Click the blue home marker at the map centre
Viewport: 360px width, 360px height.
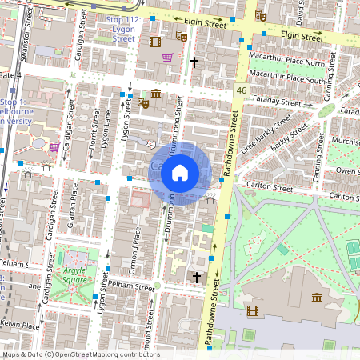[180, 173]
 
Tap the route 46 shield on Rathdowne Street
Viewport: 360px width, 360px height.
[241, 92]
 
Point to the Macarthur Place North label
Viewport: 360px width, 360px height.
[287, 63]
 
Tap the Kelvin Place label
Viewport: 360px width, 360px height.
[20, 326]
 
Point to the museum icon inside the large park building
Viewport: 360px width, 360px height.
[318, 298]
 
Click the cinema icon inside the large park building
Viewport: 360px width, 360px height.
[250, 334]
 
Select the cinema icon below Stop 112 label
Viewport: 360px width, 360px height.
[154, 41]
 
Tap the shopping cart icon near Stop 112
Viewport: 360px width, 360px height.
[167, 58]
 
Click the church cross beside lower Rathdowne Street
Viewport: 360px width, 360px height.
[197, 277]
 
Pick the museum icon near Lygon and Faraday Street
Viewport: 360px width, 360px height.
[155, 94]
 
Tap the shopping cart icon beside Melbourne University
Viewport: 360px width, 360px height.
[54, 147]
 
